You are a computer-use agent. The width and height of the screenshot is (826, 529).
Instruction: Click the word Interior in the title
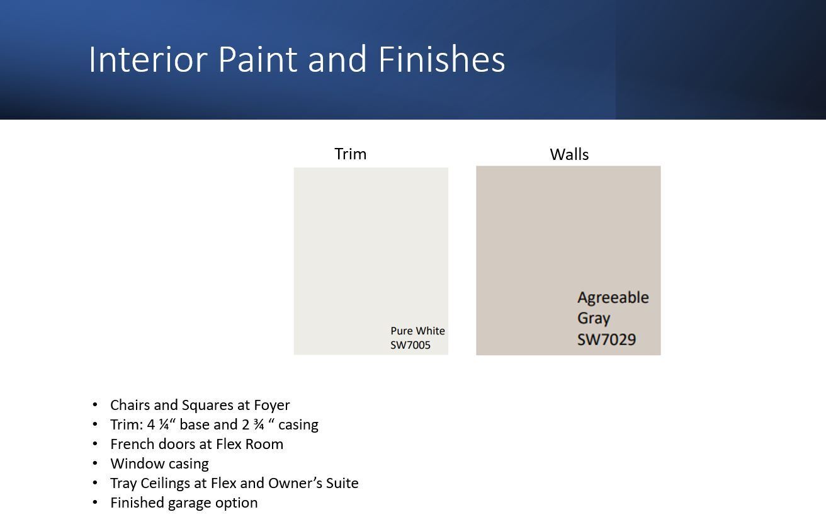[x=148, y=59]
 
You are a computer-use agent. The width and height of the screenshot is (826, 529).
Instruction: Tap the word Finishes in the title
[x=441, y=59]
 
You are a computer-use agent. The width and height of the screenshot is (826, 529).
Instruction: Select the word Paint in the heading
[x=257, y=59]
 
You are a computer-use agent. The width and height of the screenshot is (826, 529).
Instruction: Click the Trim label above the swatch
[x=350, y=154]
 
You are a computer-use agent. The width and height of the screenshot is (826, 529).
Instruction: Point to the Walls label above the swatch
[x=569, y=154]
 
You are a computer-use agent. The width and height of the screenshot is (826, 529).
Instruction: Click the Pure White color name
[x=417, y=331]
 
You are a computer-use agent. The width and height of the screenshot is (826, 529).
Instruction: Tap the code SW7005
[x=410, y=345]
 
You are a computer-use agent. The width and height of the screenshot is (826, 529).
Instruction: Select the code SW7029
[x=607, y=339]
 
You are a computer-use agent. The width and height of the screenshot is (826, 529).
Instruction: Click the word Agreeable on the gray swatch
[x=613, y=298]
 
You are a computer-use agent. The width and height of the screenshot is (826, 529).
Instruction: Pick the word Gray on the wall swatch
[x=594, y=319]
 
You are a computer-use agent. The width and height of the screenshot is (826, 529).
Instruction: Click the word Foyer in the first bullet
[x=272, y=406]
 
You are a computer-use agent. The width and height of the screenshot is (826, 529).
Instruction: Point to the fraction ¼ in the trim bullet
[x=164, y=424]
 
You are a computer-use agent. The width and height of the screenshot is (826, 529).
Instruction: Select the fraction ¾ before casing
[x=259, y=424]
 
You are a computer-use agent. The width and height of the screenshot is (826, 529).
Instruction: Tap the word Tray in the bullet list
[x=123, y=484]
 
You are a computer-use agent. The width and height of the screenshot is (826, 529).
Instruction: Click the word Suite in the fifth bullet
[x=342, y=483]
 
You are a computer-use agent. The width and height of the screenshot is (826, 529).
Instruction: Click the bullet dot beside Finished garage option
[x=95, y=503]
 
